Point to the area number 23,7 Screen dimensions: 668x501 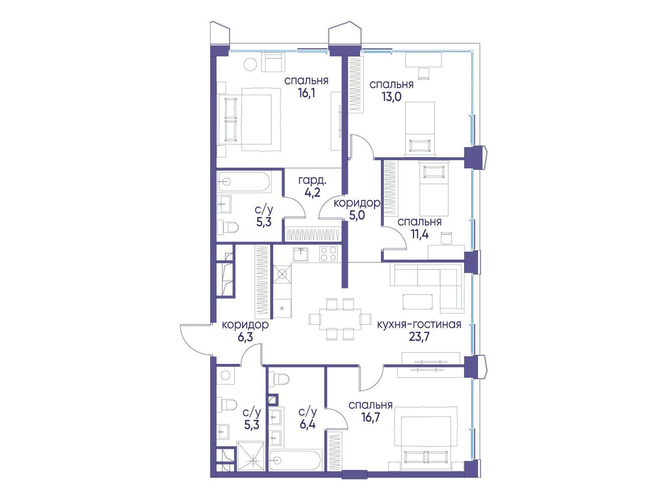(419, 337)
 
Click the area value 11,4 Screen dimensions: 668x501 (419, 234)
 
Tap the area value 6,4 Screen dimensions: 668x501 (307, 424)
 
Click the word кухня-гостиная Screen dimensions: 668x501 (419, 325)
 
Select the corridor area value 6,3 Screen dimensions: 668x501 (245, 338)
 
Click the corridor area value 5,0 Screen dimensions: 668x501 (357, 215)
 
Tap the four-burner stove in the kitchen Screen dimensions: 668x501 (328, 254)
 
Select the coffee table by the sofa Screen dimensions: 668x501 (417, 302)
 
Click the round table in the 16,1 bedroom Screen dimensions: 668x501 (252, 64)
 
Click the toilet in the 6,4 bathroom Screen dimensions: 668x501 (281, 379)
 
